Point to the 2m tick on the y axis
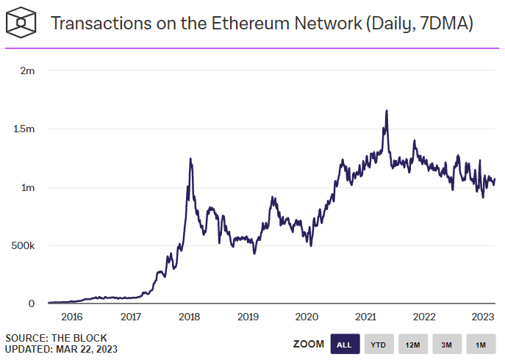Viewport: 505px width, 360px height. tap(28, 71)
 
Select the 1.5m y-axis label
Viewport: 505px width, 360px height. tap(24, 129)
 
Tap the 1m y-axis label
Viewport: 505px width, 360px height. tap(28, 187)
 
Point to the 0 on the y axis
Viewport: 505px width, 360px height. tap(31, 303)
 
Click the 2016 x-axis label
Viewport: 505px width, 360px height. tap(72, 317)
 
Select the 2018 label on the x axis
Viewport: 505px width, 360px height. tap(190, 317)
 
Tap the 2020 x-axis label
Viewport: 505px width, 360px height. tap(307, 317)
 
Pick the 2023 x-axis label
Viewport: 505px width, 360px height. tap(483, 317)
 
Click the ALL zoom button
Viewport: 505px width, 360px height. tap(344, 345)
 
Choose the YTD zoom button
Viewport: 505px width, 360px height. tap(379, 345)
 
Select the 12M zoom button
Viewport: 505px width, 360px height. tap(412, 345)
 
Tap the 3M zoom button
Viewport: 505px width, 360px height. tap(447, 345)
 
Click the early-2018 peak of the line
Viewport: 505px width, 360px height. tap(190, 159)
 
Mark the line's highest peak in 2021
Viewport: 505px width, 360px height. tap(387, 111)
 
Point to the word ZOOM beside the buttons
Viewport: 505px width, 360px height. tap(309, 345)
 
